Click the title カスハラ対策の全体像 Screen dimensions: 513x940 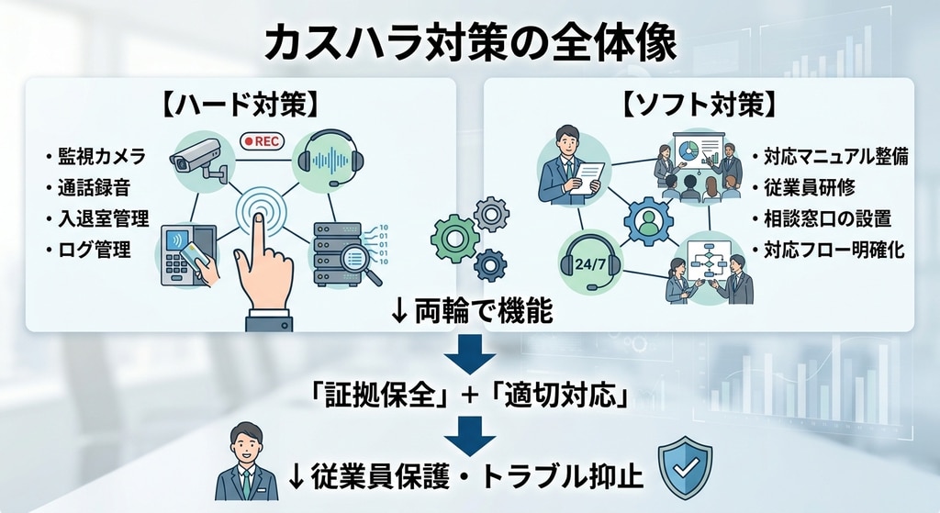(469, 41)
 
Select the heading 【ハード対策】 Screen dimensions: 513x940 (241, 104)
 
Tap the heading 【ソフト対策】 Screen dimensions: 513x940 (698, 104)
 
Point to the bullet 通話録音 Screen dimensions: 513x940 (88, 187)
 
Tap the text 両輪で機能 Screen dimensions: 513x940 (481, 313)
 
